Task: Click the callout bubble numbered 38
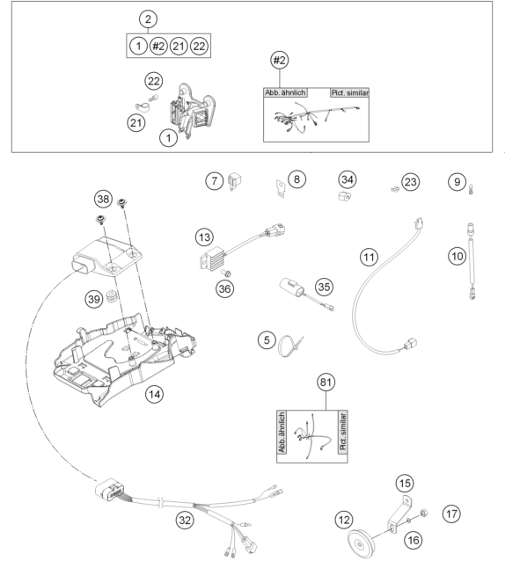pos(103,199)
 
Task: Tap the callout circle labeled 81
pos(326,382)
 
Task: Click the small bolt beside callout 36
pos(226,273)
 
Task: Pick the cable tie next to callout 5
pos(290,346)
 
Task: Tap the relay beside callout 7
pos(234,180)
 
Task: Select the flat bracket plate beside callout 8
pos(281,187)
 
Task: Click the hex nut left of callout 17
pos(423,513)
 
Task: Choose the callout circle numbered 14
pos(154,394)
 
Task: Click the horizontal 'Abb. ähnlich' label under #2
pos(285,92)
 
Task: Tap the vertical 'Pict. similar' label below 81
pos(343,432)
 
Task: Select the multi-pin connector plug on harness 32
pos(110,488)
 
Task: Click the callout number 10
pos(457,256)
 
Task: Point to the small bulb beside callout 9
pos(471,188)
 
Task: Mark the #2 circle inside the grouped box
pos(158,46)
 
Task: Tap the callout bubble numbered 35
pos(324,287)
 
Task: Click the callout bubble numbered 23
pos(410,182)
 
